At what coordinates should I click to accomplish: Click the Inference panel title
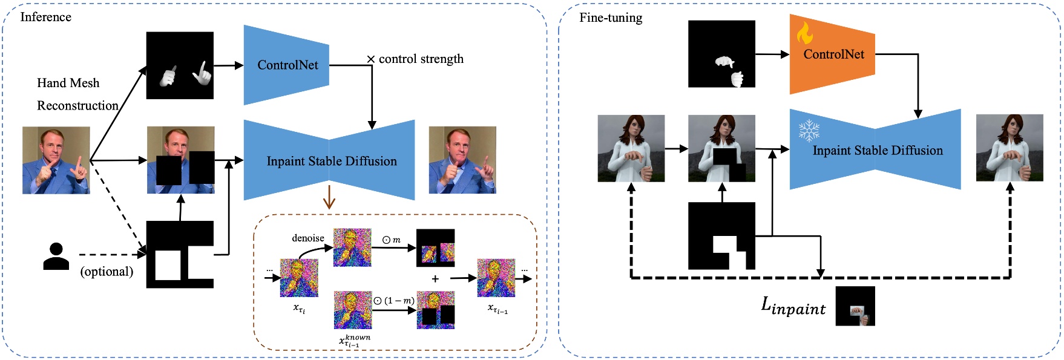click(45, 17)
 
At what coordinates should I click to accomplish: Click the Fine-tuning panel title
click(610, 18)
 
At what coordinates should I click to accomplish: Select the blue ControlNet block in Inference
click(286, 65)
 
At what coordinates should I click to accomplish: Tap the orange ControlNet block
click(832, 54)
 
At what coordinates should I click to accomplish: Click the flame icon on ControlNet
click(804, 33)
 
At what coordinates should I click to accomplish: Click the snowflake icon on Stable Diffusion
click(809, 130)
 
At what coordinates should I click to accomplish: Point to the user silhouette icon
click(56, 257)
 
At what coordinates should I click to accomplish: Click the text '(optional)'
click(107, 271)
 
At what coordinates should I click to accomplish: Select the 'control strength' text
click(421, 59)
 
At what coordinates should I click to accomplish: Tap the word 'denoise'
click(308, 238)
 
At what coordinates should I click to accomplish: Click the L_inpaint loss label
click(793, 306)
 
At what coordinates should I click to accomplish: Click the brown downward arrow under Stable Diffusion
click(329, 197)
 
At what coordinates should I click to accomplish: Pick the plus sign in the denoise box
click(435, 279)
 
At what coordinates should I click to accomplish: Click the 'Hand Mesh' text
click(68, 83)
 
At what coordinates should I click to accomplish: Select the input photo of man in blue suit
click(56, 160)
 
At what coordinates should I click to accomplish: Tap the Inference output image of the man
click(462, 160)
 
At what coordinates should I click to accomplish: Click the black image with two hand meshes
click(180, 65)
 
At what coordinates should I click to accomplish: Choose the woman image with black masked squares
click(721, 148)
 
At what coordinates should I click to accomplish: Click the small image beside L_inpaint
click(855, 306)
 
